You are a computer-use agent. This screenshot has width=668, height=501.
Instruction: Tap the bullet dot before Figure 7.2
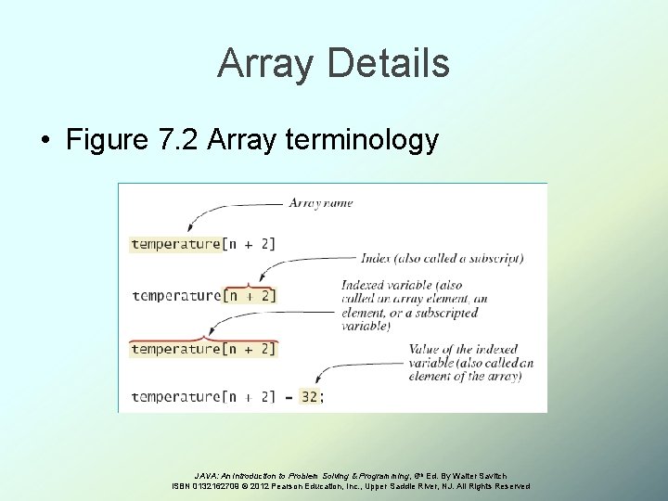click(x=45, y=141)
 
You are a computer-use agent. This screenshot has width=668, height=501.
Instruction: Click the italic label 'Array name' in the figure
click(x=320, y=202)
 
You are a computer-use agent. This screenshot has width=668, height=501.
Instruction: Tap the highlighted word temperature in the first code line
click(x=174, y=243)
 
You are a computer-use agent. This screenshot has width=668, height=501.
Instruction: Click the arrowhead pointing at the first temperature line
click(x=189, y=229)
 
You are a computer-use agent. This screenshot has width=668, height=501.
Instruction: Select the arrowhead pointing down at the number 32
click(x=307, y=381)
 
